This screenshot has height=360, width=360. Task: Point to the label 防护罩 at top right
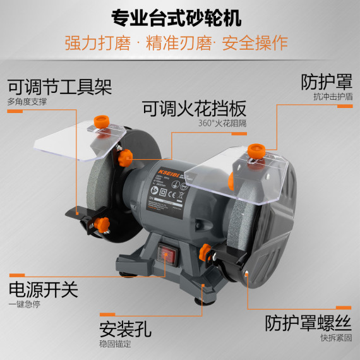point(326,81)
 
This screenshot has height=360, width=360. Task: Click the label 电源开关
point(42,290)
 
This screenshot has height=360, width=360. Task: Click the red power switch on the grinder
point(167,254)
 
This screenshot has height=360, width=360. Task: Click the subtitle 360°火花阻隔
point(222,123)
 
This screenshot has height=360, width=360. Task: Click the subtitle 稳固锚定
point(115,345)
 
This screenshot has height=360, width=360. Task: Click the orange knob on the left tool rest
point(101,224)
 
